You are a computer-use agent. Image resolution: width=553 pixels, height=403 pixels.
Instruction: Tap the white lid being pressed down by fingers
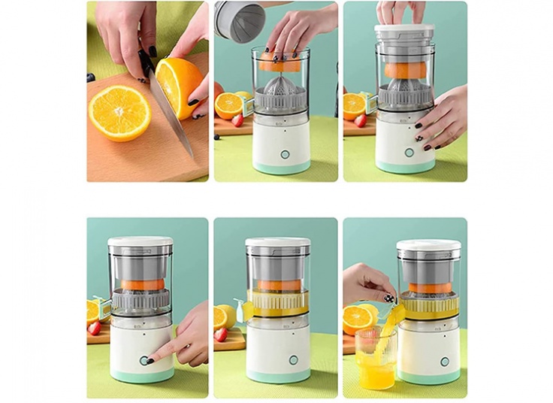(x=405, y=31)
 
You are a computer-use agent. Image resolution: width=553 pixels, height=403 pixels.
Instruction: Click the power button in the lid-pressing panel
(x=409, y=152)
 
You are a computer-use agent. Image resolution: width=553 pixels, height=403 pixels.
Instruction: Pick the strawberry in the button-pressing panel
(x=94, y=329)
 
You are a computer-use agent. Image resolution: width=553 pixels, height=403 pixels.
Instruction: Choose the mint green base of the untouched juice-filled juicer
(x=279, y=376)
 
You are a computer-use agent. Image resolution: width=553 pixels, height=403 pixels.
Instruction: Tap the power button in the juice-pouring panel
(x=445, y=361)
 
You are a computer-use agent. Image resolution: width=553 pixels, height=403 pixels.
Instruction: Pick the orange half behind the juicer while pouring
(x=359, y=317)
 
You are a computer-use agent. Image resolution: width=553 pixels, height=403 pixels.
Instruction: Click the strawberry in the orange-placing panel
(x=237, y=120)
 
